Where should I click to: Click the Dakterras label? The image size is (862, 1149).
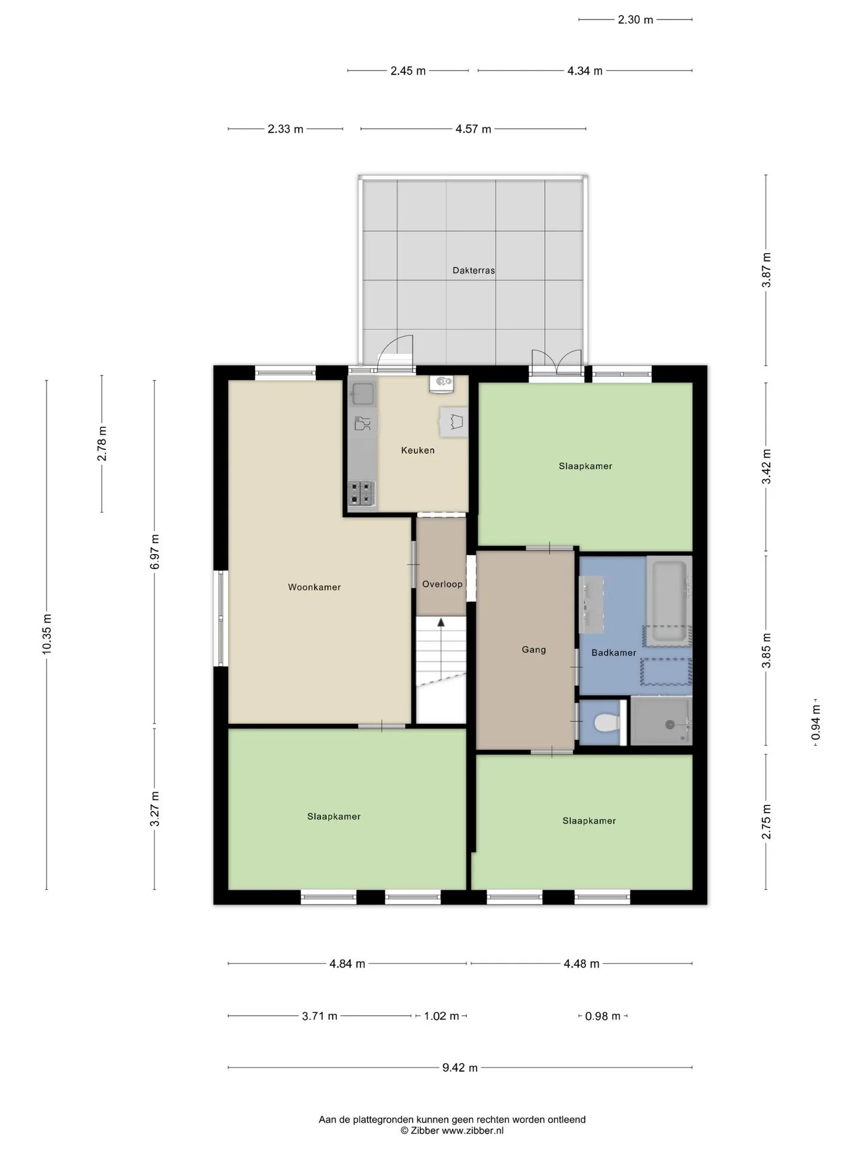pyautogui.click(x=474, y=270)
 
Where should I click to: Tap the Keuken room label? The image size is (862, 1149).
pyautogui.click(x=418, y=450)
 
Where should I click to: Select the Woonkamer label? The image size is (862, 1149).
pyautogui.click(x=314, y=587)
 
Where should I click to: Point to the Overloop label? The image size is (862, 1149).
pyautogui.click(x=442, y=584)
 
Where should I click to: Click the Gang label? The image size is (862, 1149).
pyautogui.click(x=534, y=649)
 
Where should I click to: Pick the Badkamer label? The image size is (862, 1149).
pyautogui.click(x=614, y=652)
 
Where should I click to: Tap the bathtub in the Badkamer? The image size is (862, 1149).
pyautogui.click(x=669, y=601)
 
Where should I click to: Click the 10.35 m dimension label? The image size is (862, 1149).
pyautogui.click(x=47, y=634)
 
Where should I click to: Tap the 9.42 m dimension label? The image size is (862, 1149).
pyautogui.click(x=460, y=1067)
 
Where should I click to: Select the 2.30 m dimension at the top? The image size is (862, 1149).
pyautogui.click(x=635, y=20)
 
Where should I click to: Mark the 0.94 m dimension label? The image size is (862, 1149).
pyautogui.click(x=815, y=722)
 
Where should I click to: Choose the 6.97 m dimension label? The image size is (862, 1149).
pyautogui.click(x=154, y=552)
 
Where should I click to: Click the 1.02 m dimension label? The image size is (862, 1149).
pyautogui.click(x=441, y=1016)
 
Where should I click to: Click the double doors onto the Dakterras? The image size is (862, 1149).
pyautogui.click(x=557, y=362)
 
